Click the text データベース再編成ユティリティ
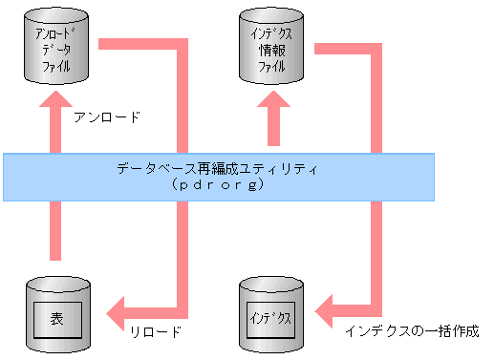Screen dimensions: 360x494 point(218,168)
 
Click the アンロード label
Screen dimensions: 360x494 point(107,118)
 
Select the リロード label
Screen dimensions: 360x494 point(154,331)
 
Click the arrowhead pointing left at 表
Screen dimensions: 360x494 point(119,308)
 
